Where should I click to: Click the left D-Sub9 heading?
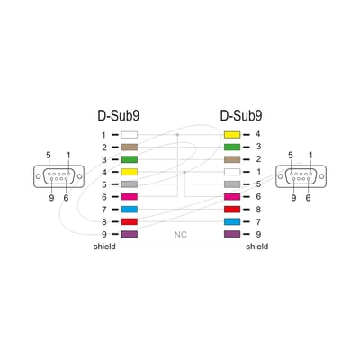coord(119,116)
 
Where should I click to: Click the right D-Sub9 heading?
coord(241,116)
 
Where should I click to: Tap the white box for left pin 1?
coord(130,135)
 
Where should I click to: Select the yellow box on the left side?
coord(130,172)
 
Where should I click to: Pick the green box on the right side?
coord(232,147)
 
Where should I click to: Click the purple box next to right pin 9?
coord(232,234)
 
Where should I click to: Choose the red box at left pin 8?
coord(130,222)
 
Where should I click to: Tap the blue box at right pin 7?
coord(232,222)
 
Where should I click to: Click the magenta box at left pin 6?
coord(130,197)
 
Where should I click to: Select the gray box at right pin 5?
coord(232,184)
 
